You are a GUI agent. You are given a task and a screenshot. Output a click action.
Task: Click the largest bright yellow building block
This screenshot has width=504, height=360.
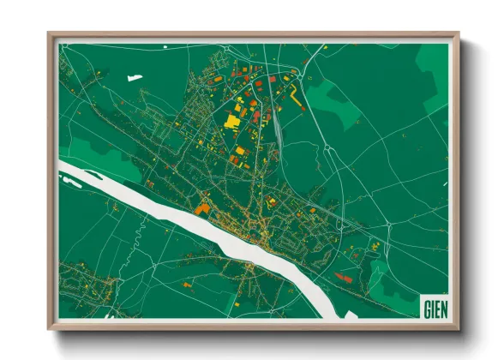232,120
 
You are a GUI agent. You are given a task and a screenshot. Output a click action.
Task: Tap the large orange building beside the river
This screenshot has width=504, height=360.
202,207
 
